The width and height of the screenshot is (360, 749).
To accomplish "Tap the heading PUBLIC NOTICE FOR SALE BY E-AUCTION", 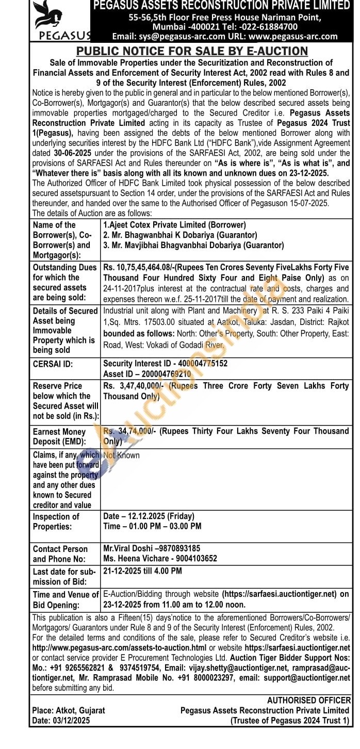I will (x=192, y=51).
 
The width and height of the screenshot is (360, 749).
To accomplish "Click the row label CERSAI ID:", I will (x=53, y=364).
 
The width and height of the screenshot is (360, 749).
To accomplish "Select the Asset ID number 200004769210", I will (x=165, y=374).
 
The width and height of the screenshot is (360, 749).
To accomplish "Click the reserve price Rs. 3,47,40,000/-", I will (x=134, y=386).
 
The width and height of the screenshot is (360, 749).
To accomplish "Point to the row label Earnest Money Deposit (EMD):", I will (x=59, y=436).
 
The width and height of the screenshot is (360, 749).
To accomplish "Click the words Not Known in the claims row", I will (x=121, y=455).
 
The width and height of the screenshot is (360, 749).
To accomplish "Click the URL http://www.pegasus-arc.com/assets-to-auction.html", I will (x=119, y=647).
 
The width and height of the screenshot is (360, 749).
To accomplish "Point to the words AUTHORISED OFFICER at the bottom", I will (x=308, y=701).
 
